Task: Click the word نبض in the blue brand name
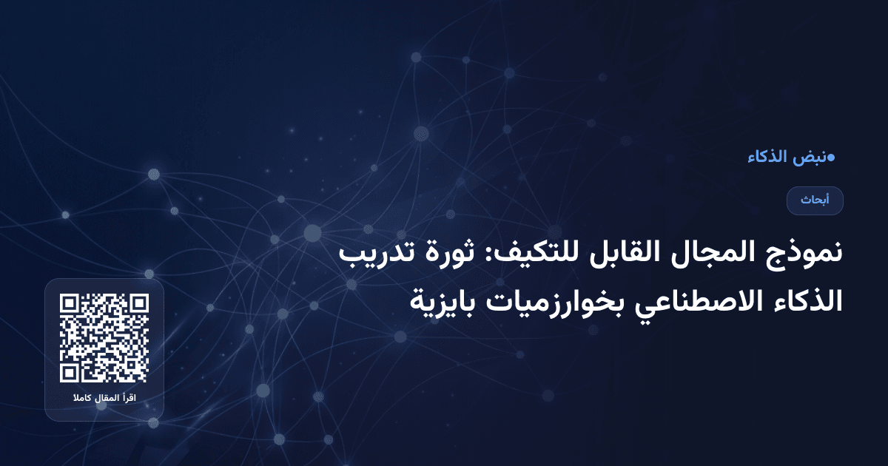coord(810,157)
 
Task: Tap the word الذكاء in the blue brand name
coord(769,157)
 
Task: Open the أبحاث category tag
coord(815,200)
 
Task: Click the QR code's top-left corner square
coord(70,303)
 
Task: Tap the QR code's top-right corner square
coord(139,303)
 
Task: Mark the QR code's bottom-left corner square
coord(70,373)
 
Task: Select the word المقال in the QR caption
coord(104,399)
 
